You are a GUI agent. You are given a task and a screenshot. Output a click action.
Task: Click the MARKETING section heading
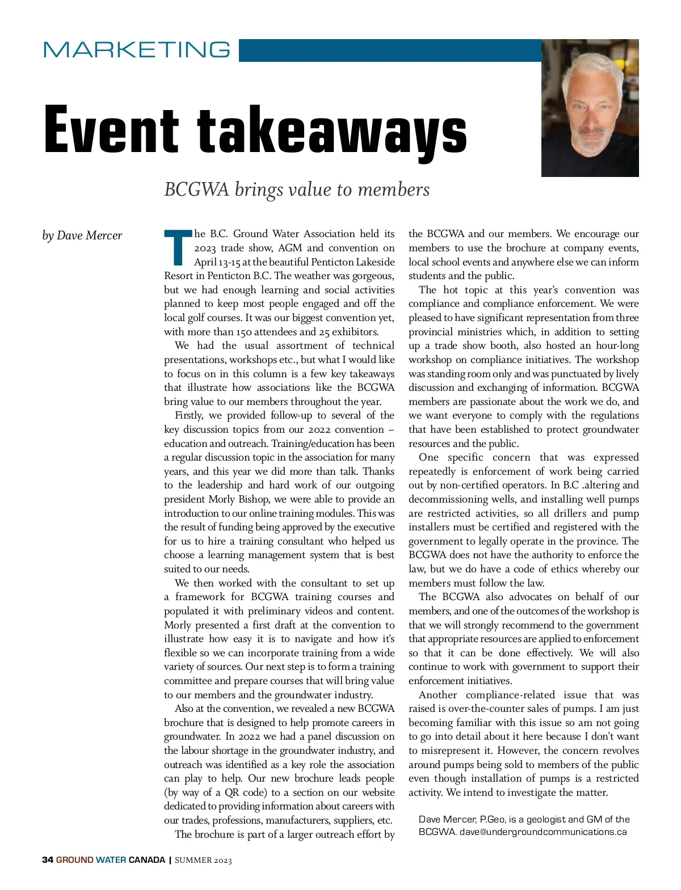[137, 49]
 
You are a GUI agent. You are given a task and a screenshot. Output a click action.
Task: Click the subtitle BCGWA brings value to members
[296, 189]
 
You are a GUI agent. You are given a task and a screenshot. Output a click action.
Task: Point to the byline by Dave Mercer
[82, 235]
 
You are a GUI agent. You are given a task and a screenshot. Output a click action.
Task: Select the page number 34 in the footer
[48, 860]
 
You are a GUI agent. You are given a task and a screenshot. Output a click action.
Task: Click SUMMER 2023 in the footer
[203, 860]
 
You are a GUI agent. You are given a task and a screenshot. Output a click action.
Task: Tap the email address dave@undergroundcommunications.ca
[543, 832]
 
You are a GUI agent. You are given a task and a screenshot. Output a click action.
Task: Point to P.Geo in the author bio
[493, 819]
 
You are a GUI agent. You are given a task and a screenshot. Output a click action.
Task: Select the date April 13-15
[217, 262]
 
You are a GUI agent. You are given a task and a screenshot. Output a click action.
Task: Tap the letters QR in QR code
[232, 792]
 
